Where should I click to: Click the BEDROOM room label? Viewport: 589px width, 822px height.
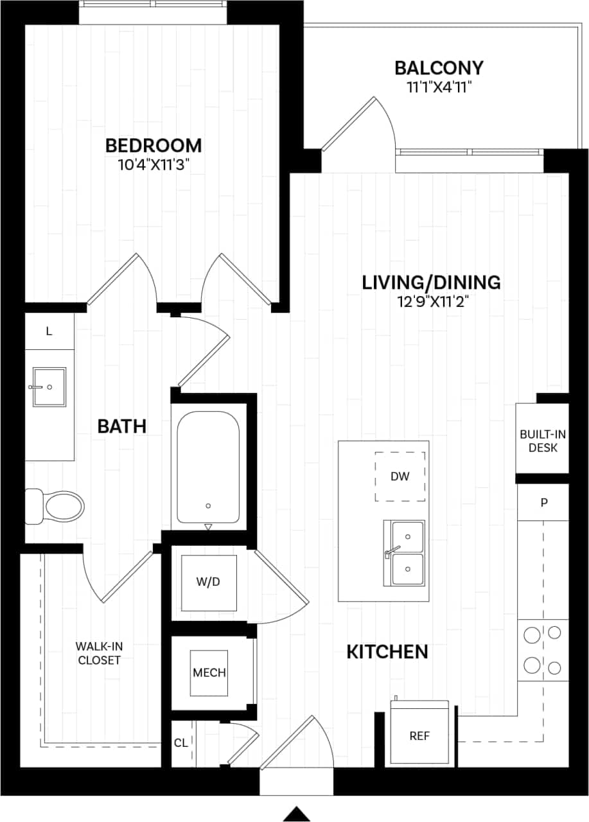pos(154,146)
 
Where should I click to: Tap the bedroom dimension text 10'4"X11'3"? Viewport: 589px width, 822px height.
pos(154,165)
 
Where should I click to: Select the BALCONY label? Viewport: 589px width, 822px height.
pos(439,68)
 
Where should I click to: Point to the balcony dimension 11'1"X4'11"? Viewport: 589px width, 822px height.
pos(439,87)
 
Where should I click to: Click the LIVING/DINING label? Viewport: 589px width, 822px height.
pos(431,283)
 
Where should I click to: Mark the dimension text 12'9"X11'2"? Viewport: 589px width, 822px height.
pos(431,302)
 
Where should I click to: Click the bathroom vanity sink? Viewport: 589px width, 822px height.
pos(49,387)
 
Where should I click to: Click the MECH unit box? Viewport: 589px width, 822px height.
pos(209,672)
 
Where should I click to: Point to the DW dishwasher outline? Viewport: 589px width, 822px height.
pos(400,477)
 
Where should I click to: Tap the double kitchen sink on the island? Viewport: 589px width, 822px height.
pos(405,553)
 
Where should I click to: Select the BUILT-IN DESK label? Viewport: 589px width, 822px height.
pos(543,441)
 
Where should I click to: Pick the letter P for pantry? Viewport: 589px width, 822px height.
pos(543,502)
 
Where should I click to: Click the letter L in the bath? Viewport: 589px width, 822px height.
pos(49,331)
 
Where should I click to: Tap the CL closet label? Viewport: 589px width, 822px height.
pos(181,743)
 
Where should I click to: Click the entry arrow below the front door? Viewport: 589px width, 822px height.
pos(297,813)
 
